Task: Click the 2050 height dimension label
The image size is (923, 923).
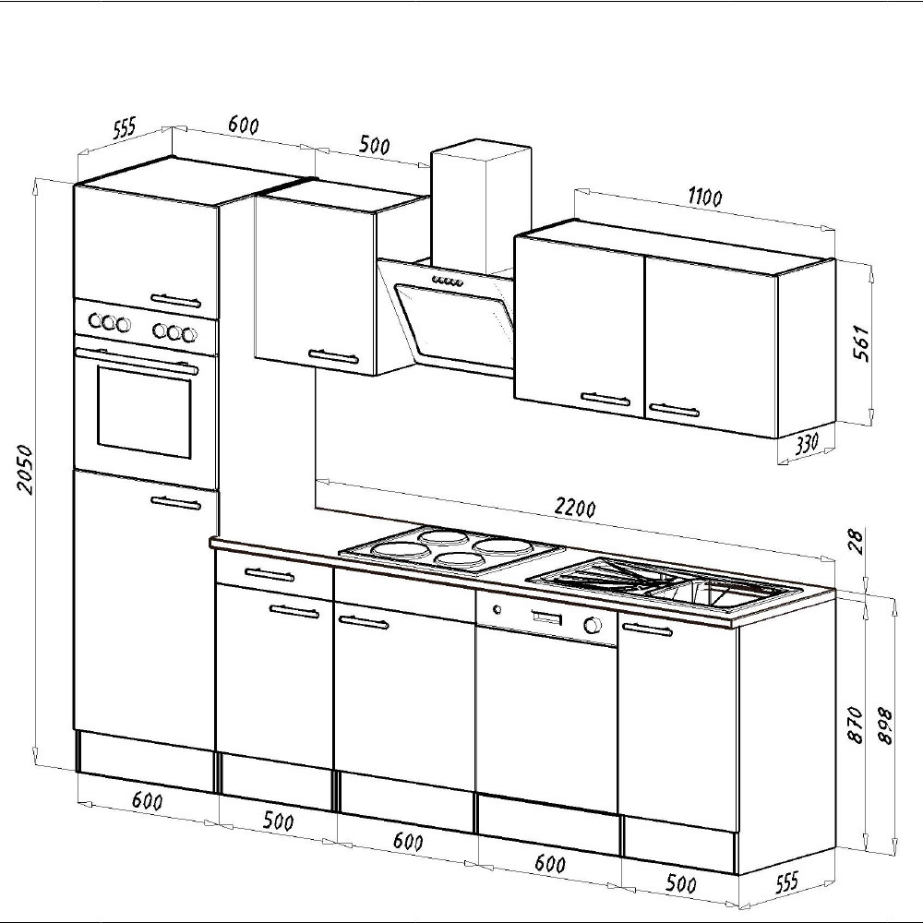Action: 25,469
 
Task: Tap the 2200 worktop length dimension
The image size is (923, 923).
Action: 574,508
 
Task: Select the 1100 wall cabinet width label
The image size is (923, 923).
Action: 704,198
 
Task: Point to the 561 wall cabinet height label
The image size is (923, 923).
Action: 860,343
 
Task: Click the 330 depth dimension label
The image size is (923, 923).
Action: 806,444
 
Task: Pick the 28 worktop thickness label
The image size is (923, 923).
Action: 857,542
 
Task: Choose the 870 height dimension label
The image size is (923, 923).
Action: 856,725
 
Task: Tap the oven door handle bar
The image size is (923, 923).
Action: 137,360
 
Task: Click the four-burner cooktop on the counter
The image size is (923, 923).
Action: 451,550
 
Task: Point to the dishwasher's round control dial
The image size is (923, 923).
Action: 593,624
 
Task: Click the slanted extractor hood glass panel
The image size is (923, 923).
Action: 454,326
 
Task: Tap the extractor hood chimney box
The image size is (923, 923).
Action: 481,206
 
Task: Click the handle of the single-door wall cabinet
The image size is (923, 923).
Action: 333,356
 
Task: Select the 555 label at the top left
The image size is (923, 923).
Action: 125,127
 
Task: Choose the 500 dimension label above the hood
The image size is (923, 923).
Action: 375,145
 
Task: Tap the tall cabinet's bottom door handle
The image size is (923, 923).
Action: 176,503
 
